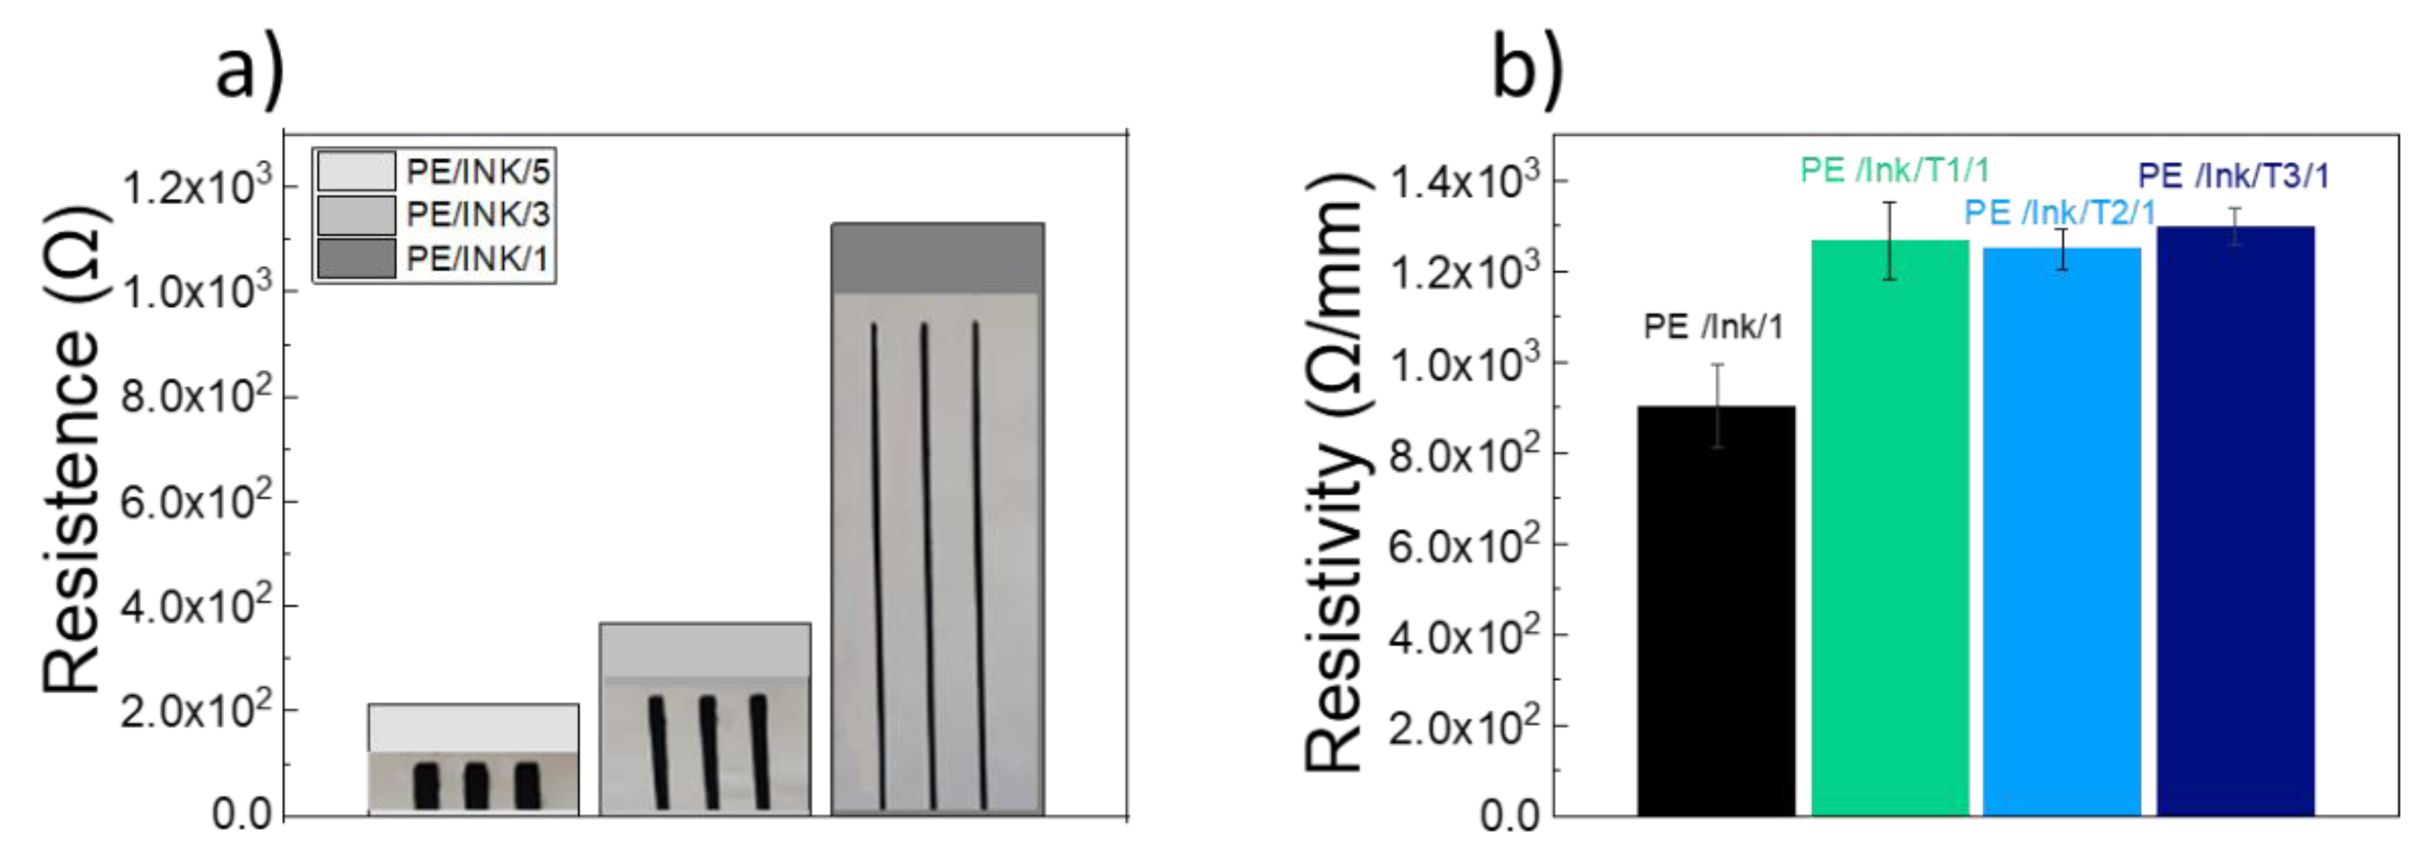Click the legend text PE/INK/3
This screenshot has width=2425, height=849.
[478, 214]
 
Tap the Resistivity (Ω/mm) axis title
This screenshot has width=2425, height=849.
[1335, 470]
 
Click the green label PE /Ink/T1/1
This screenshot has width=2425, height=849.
[1894, 170]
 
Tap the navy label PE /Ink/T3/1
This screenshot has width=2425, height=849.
[2233, 176]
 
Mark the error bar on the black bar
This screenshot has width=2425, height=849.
[1718, 405]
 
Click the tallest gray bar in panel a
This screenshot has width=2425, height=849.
[937, 517]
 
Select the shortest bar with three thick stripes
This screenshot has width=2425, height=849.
[473, 760]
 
